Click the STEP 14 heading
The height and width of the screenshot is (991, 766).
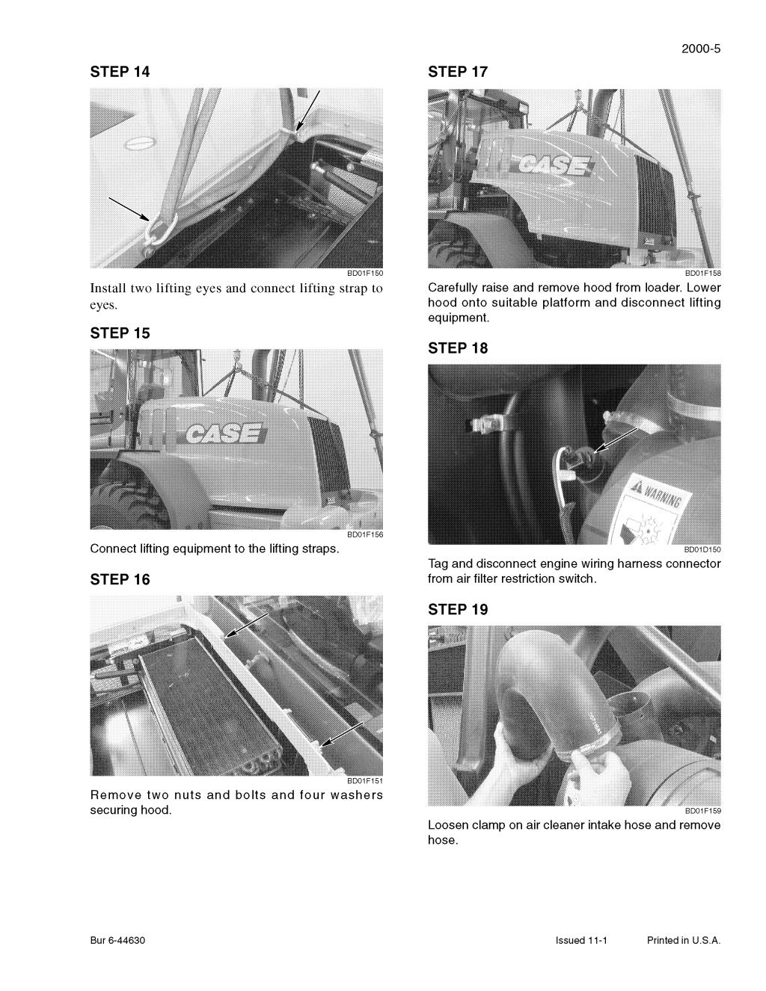tap(120, 72)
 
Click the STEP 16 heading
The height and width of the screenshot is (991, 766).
tap(120, 580)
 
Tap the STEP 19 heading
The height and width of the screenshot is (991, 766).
tap(458, 610)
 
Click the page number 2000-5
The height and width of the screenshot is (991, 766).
tap(701, 50)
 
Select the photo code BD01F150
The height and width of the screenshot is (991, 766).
tap(365, 274)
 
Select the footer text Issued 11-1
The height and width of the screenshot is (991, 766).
tap(581, 941)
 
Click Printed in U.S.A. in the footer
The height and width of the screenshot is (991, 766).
tap(684, 941)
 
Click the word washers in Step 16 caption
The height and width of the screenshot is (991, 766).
tap(356, 795)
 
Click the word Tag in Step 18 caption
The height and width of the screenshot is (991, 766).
tap(438, 564)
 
